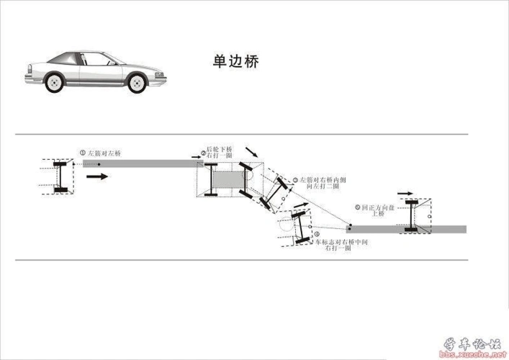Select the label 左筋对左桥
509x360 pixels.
[105, 153]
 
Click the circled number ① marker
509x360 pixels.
[83, 153]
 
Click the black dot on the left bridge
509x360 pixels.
[102, 165]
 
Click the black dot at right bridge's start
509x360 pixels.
[349, 228]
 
